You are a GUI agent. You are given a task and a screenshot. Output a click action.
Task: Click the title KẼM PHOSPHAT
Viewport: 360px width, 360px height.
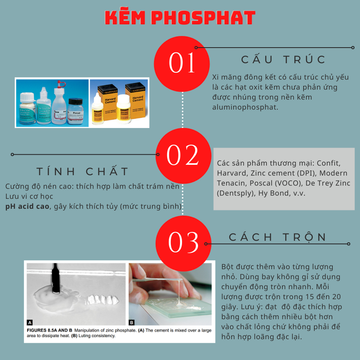pyautogui.click(x=180, y=18)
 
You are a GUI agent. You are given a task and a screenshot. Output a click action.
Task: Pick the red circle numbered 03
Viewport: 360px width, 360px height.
pyautogui.click(x=183, y=242)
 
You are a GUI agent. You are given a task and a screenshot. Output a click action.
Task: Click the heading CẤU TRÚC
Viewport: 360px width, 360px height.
pyautogui.click(x=284, y=60)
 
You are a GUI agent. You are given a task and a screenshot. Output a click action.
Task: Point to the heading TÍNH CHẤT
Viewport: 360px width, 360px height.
pyautogui.click(x=83, y=172)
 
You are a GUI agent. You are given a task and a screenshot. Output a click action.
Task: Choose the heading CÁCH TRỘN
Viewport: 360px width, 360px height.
pyautogui.click(x=278, y=237)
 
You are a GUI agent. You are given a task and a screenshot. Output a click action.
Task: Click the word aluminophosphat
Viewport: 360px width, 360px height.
pyautogui.click(x=245, y=107)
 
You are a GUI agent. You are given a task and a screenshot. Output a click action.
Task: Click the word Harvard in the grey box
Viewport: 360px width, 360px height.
pyautogui.click(x=231, y=173)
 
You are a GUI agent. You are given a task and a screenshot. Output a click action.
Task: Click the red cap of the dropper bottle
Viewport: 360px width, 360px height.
pyautogui.click(x=61, y=84)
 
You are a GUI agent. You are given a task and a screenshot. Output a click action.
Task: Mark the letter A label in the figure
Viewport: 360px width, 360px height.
pyautogui.click(x=30, y=322)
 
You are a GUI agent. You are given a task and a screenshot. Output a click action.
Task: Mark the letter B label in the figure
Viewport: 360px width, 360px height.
pyautogui.click(x=132, y=322)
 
